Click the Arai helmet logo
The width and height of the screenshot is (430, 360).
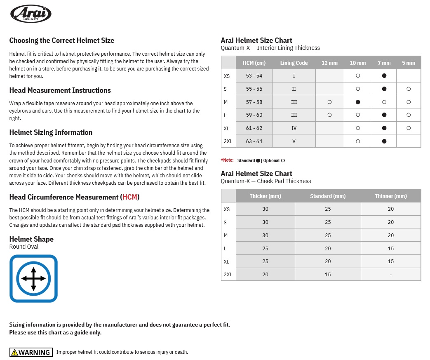[31, 14]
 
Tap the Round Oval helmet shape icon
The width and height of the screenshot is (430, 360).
[33, 278]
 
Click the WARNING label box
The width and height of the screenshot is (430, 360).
[31, 352]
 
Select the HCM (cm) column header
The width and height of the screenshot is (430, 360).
[254, 63]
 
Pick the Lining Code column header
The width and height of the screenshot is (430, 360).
[294, 63]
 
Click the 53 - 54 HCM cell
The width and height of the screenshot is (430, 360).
[254, 76]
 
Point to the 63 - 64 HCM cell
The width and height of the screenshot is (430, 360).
[254, 141]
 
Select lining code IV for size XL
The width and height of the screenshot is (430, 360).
[294, 128]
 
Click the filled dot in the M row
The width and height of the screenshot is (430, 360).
[358, 102]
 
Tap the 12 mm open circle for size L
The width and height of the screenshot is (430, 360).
[329, 115]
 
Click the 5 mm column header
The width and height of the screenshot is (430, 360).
[409, 63]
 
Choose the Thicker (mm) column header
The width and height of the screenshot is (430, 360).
[265, 196]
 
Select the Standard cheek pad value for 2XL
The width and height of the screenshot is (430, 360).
[328, 274]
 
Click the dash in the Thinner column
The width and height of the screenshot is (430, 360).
[391, 274]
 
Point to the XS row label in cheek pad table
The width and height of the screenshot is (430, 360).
[227, 209]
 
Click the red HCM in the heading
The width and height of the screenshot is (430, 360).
[130, 197]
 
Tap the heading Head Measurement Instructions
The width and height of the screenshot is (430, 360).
[60, 90]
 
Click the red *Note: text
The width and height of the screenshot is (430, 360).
[227, 160]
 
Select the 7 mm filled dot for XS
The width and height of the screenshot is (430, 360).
[384, 76]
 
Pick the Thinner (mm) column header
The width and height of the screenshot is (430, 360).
[391, 196]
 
